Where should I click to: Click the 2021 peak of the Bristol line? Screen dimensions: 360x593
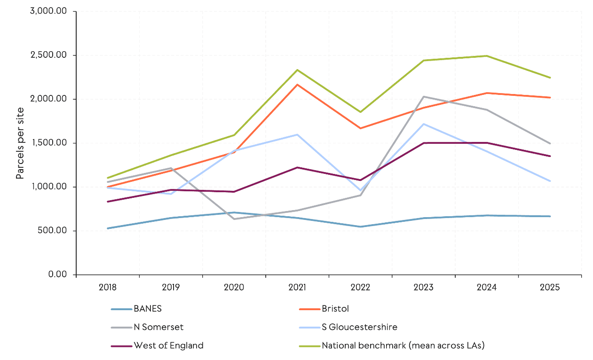coord(297,85)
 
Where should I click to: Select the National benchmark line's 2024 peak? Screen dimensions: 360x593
coord(486,56)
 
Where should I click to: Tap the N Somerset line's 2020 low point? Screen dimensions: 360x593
coord(234,219)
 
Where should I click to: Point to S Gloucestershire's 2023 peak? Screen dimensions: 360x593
coord(424,124)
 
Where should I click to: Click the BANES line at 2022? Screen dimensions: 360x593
coord(361,227)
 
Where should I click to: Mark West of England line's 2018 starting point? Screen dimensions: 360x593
coord(108,202)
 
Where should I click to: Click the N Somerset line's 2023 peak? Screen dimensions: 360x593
coord(424,97)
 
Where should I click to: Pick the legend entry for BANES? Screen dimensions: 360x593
coord(148,309)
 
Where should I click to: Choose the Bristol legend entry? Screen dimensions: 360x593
coord(335,309)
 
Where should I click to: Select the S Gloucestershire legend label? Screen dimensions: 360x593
coord(359,327)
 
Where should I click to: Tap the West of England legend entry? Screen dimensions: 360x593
coord(168,345)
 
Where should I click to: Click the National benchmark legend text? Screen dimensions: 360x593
coord(403,345)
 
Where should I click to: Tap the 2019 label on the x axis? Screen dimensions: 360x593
coord(171,287)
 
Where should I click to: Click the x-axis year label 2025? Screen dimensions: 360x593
coord(550,287)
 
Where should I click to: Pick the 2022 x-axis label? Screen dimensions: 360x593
coord(360,287)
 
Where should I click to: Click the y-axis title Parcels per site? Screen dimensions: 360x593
coord(20,143)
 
